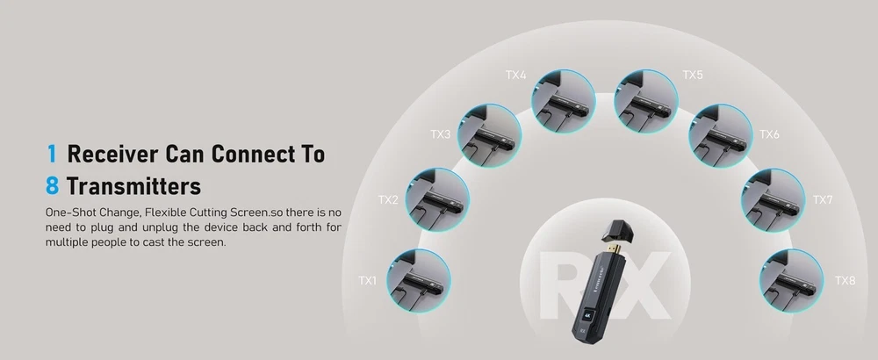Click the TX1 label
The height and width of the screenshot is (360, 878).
tap(367, 280)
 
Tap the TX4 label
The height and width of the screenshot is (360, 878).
tap(515, 75)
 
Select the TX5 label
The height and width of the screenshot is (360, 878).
tap(693, 75)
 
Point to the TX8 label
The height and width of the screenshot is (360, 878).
tap(845, 280)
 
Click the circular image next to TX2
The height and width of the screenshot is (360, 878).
tap(437, 200)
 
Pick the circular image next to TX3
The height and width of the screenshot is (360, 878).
tap(489, 135)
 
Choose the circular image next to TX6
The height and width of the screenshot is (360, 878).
tap(721, 135)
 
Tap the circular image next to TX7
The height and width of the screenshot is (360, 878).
tap(774, 200)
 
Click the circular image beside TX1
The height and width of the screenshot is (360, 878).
tap(418, 280)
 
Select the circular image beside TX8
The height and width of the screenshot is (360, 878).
tap(791, 280)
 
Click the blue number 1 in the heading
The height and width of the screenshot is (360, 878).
tap(52, 154)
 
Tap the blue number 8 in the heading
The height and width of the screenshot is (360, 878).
tap(52, 186)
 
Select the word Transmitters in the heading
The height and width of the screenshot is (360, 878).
tap(133, 186)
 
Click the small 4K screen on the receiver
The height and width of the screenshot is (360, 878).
tap(587, 315)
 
